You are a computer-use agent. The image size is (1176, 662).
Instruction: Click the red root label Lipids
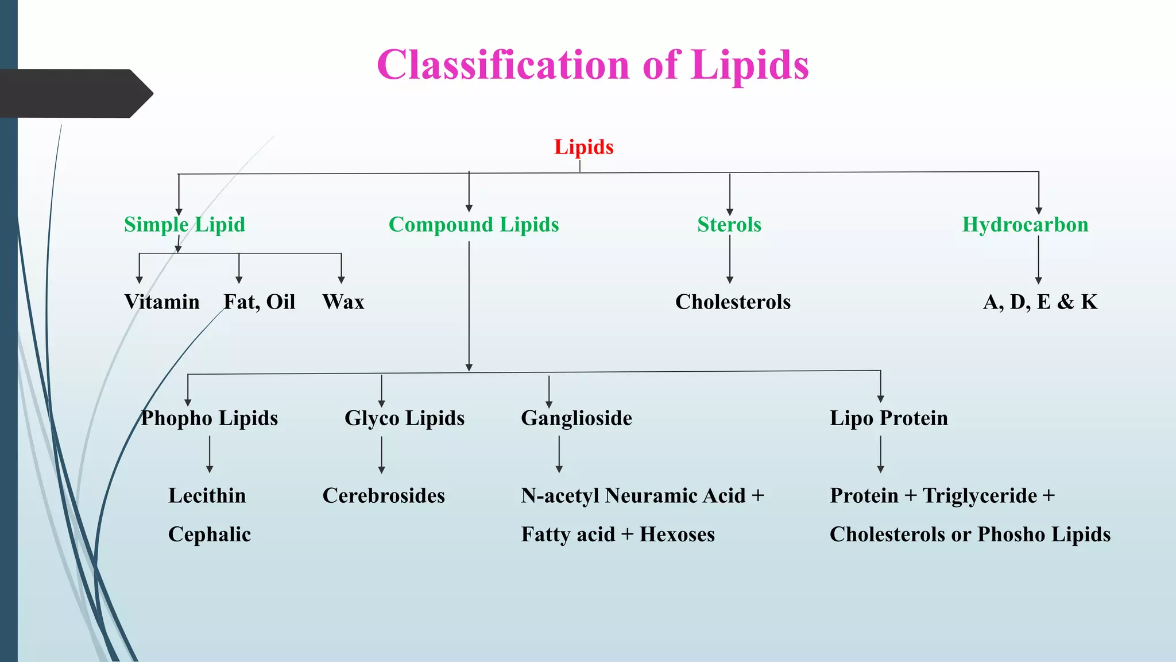[x=583, y=147]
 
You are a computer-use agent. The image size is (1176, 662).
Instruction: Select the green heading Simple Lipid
[x=184, y=224]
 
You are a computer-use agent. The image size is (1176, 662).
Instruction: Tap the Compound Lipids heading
[x=474, y=224]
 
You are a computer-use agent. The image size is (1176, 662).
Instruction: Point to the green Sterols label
[x=729, y=224]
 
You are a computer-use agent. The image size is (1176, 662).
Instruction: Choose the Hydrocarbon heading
[x=1025, y=224]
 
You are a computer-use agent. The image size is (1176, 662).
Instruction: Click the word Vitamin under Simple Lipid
[x=162, y=302]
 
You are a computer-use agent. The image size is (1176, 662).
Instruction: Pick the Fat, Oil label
[x=260, y=302]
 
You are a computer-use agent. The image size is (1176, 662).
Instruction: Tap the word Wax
[x=343, y=302]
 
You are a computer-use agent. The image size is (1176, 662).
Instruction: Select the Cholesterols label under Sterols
[x=733, y=302]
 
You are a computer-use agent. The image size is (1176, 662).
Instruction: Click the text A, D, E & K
[x=1040, y=302]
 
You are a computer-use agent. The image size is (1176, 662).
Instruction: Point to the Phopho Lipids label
[x=210, y=418]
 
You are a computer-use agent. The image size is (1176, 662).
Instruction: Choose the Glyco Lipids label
[x=404, y=418]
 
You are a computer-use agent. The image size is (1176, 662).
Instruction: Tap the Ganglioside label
[x=577, y=418]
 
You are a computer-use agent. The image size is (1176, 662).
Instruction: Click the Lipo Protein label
[x=889, y=418]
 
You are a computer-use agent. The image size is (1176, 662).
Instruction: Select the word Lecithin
[x=207, y=495]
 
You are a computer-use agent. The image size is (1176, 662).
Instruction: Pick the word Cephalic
[x=210, y=534]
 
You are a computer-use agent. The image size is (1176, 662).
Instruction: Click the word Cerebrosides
[x=384, y=495]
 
